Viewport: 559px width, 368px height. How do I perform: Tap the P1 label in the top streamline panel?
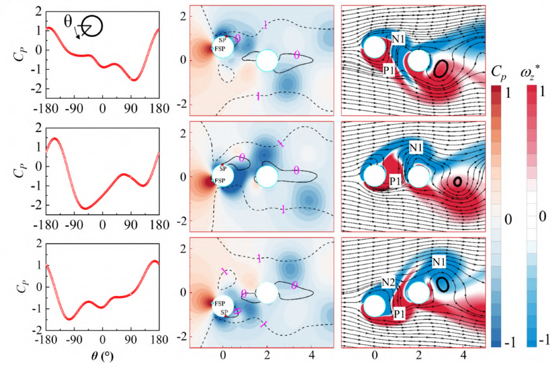(388, 69)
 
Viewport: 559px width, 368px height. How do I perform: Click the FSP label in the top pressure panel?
(219, 48)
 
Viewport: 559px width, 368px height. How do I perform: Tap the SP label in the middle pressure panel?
(223, 169)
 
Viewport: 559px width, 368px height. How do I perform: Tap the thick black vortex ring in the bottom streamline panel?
(445, 284)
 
